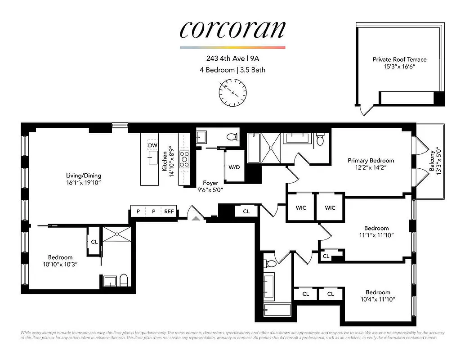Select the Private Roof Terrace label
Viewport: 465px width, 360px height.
pyautogui.click(x=399, y=59)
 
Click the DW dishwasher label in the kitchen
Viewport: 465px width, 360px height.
pyautogui.click(x=152, y=145)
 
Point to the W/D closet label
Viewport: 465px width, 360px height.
pyautogui.click(x=234, y=167)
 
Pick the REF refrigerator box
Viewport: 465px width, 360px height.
pyautogui.click(x=169, y=211)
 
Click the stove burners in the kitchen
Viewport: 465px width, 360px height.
pyautogui.click(x=184, y=159)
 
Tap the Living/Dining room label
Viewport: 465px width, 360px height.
pyautogui.click(x=84, y=175)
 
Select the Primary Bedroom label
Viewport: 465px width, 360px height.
pyautogui.click(x=371, y=161)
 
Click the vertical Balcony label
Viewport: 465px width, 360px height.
pyautogui.click(x=432, y=161)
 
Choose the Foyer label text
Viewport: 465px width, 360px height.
pyautogui.click(x=210, y=183)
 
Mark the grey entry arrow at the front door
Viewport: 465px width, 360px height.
pyautogui.click(x=196, y=218)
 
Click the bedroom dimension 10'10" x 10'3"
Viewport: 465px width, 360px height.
pyautogui.click(x=60, y=265)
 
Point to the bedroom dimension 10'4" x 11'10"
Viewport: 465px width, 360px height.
pyautogui.click(x=378, y=299)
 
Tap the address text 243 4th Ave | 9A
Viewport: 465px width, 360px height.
pyautogui.click(x=232, y=58)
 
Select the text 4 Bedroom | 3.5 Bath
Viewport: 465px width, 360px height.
pyautogui.click(x=232, y=70)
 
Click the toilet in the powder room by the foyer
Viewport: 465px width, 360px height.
pyautogui.click(x=232, y=136)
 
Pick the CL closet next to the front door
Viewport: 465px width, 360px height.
pyautogui.click(x=246, y=211)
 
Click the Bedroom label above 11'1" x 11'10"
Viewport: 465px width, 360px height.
pyautogui.click(x=376, y=228)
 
